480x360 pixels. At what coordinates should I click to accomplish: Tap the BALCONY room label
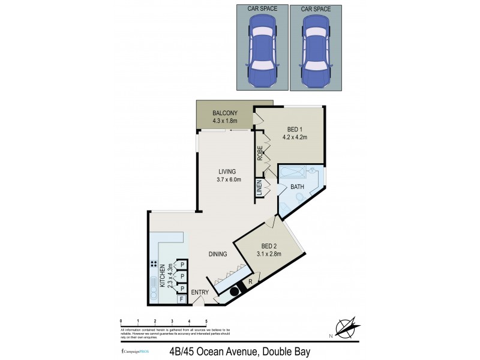pos(225,113)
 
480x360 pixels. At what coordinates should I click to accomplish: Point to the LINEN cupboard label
pos(259,188)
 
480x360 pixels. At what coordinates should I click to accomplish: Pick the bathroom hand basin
pos(312,173)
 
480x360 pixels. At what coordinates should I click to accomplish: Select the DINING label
pos(218,254)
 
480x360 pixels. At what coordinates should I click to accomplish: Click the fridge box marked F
pos(181,299)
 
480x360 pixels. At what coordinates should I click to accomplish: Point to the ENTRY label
pos(200,293)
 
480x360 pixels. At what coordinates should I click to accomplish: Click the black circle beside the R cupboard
pos(235,292)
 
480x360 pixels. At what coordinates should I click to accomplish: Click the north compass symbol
pos(347,328)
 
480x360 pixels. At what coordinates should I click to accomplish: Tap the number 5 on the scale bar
pos(206,322)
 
